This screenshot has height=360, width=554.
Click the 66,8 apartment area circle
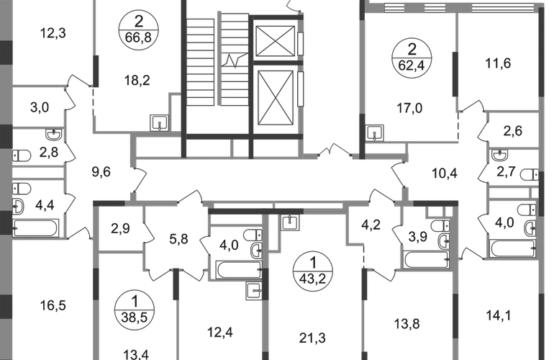click(x=138, y=30)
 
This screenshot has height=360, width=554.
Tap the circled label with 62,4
click(x=412, y=58)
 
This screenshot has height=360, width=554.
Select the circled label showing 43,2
click(x=313, y=271)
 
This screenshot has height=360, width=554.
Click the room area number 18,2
click(x=137, y=81)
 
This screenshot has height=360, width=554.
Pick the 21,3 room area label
click(x=313, y=338)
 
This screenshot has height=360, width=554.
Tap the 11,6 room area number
click(x=498, y=63)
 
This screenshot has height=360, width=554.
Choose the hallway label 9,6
click(x=101, y=172)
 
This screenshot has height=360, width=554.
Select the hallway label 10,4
click(x=445, y=174)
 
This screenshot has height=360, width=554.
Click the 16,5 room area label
click(x=53, y=305)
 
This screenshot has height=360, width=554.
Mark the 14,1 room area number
click(x=498, y=315)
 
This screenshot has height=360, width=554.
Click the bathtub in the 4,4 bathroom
click(x=35, y=228)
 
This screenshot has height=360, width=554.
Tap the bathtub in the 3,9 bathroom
click(x=427, y=260)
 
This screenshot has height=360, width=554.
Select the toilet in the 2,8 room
click(x=21, y=156)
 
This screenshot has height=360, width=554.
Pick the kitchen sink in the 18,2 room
click(x=160, y=123)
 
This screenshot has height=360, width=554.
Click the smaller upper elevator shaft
click(x=276, y=40)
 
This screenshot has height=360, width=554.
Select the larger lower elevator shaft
click(x=276, y=98)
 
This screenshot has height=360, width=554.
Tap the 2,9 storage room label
click(x=120, y=228)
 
